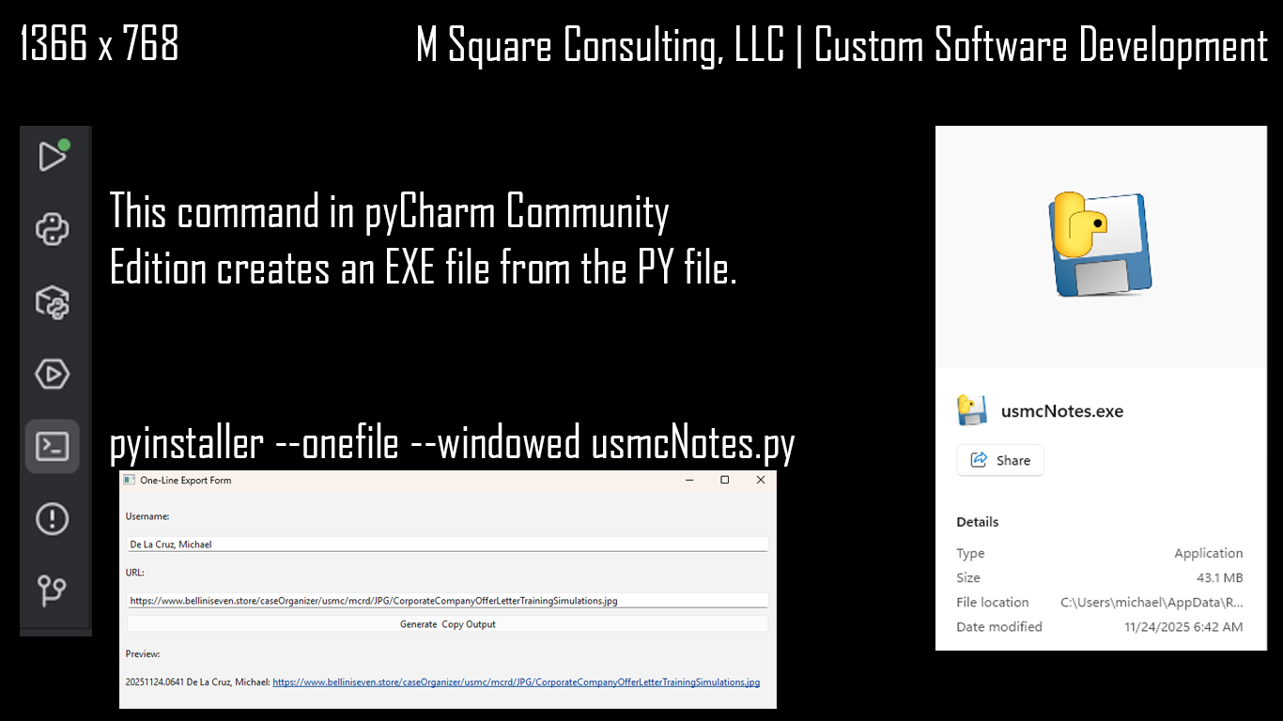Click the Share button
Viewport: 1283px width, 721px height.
coord(1000,460)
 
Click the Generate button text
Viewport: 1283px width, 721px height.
coord(418,624)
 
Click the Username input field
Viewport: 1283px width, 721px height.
coord(447,545)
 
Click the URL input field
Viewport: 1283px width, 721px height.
coord(447,601)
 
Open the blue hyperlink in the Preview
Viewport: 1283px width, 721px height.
coord(516,683)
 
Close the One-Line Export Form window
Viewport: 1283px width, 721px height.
coord(761,480)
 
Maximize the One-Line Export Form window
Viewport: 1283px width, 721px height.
coord(724,480)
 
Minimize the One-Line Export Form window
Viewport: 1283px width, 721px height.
coord(689,480)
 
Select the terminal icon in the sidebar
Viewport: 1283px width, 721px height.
coord(52,447)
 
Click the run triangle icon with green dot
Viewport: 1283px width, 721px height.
coord(54,156)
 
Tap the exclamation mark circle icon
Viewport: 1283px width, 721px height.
coord(52,519)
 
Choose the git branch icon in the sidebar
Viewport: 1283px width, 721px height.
coord(52,591)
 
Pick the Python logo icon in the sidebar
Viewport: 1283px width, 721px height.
coord(52,230)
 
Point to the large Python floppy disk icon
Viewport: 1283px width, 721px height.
coord(1100,244)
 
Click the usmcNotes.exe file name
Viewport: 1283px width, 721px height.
coord(1062,411)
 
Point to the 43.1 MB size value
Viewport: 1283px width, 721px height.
coord(1219,577)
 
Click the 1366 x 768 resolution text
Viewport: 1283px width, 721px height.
coord(100,43)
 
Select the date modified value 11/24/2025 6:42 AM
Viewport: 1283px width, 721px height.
coord(1183,627)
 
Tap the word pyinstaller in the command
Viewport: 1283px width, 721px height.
coord(187,443)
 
